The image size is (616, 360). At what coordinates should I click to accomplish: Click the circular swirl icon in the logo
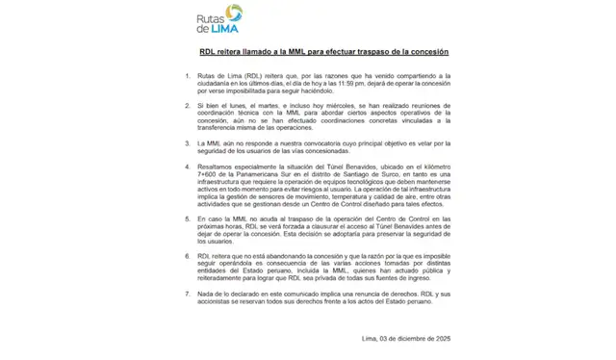(232, 15)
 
